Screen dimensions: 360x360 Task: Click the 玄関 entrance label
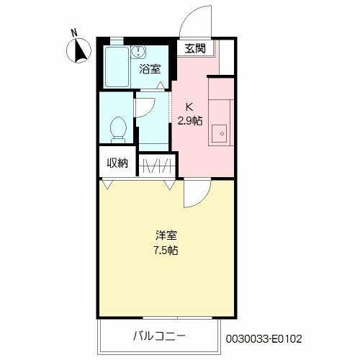click(195, 49)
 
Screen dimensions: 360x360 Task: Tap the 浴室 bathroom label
click(150, 69)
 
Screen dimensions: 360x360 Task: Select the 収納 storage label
click(117, 163)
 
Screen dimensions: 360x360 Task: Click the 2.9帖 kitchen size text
click(190, 120)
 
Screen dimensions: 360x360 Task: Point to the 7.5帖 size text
click(166, 251)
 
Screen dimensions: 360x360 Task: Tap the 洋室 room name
click(166, 235)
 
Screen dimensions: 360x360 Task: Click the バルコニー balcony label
click(159, 336)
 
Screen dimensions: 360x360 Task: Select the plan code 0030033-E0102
click(264, 339)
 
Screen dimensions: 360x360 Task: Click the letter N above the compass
click(74, 32)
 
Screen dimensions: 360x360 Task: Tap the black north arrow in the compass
click(80, 51)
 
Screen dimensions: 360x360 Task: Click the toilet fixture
click(118, 130)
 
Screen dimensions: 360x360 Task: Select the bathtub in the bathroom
click(117, 67)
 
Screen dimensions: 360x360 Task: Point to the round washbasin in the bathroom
click(138, 51)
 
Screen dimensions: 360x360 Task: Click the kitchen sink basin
click(219, 134)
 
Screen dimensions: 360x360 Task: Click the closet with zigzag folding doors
click(156, 165)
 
